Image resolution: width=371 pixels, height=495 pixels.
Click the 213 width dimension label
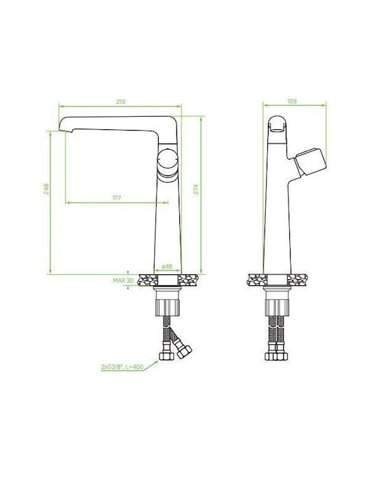[120, 102]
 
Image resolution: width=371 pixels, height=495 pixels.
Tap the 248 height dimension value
[47, 189]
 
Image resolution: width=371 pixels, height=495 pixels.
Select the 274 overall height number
[196, 189]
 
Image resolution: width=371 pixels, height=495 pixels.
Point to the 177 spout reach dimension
[117, 198]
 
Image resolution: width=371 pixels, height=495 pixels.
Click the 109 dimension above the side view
[292, 101]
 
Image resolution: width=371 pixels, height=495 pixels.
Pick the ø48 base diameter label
[167, 267]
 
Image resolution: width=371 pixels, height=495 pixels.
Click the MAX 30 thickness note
[124, 280]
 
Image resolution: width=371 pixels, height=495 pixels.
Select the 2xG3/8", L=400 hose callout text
[122, 367]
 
